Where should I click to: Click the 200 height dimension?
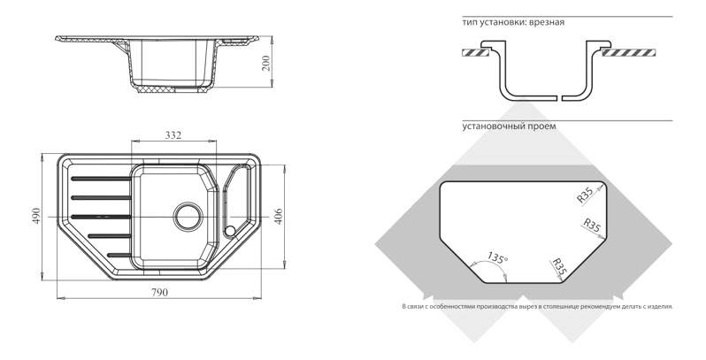pyautogui.click(x=266, y=63)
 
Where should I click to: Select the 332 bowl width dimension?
pyautogui.click(x=173, y=135)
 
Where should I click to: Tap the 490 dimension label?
pyautogui.click(x=36, y=216)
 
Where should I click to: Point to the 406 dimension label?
pyautogui.click(x=279, y=217)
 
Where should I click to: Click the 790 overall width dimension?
pyautogui.click(x=159, y=293)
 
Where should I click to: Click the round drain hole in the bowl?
pyautogui.click(x=188, y=217)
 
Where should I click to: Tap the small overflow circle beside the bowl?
pyautogui.click(x=230, y=231)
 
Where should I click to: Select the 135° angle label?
pyautogui.click(x=497, y=258)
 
